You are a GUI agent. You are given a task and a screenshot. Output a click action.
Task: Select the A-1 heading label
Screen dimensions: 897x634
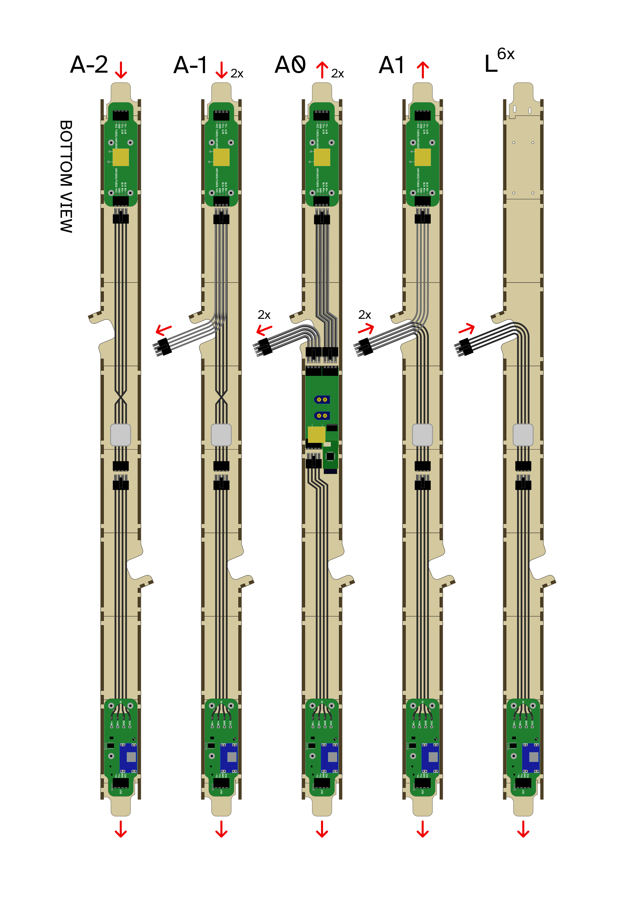tap(190, 65)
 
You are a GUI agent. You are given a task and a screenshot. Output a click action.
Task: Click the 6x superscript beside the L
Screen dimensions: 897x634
tap(506, 54)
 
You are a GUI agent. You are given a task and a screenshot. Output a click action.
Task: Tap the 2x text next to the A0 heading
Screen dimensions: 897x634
tap(337, 73)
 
